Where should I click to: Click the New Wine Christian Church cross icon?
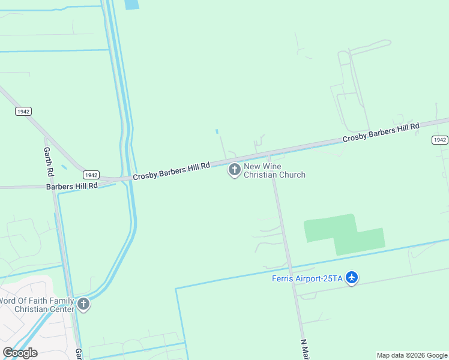(x=234, y=170)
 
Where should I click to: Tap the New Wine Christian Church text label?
(x=274, y=170)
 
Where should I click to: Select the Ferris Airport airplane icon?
(x=352, y=278)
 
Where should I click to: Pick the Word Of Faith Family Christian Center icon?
(x=83, y=305)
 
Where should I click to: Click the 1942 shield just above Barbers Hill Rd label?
(x=91, y=175)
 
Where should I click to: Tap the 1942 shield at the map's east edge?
(x=439, y=140)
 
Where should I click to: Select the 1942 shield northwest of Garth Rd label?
(x=23, y=112)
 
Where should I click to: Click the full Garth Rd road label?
(x=47, y=161)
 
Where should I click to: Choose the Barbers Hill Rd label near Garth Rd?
(x=71, y=187)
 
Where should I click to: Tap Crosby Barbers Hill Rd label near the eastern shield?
(x=381, y=133)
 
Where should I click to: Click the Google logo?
(x=20, y=352)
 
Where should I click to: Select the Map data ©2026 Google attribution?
(x=412, y=355)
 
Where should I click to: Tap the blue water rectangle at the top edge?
(x=131, y=4)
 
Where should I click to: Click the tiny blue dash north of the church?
(x=217, y=131)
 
